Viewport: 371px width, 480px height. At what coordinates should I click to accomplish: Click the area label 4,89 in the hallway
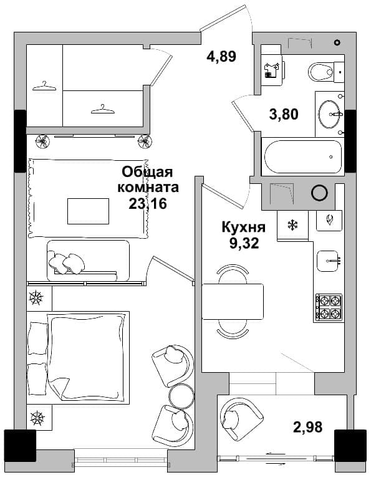pos(221,57)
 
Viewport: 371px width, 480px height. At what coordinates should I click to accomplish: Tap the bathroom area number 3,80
pos(284,114)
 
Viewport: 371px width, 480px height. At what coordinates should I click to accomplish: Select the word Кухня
pos(243,228)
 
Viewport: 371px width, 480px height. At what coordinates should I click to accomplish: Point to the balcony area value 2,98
pos(307,427)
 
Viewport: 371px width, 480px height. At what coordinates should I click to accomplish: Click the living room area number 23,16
pos(148,203)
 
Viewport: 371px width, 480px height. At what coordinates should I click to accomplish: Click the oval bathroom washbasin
pos(329,114)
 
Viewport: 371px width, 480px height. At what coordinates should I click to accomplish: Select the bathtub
pos(303,156)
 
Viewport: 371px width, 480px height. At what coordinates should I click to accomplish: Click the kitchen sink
pos(327,261)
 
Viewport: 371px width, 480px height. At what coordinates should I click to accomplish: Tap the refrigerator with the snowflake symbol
pos(292,226)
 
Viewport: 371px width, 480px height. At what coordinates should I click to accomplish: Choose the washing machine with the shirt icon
pos(272,70)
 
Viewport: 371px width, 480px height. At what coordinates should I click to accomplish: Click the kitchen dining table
pos(233,302)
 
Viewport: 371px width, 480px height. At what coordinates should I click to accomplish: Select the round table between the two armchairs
pos(181,396)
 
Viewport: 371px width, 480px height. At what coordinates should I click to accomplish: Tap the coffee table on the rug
pos(88,211)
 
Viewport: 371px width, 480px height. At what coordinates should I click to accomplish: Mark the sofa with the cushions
pos(88,261)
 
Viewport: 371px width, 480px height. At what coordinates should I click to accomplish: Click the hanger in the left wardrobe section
pos(44,87)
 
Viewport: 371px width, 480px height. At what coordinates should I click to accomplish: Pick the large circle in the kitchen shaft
pos(319,193)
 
